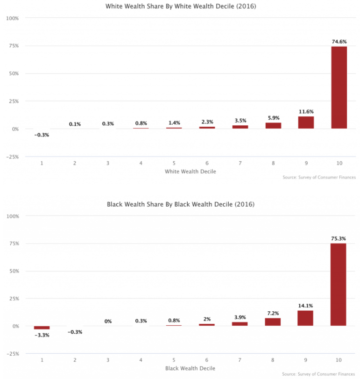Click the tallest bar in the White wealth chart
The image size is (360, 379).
coord(339,87)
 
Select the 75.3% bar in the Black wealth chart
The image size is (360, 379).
coord(339,285)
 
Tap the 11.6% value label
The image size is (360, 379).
coord(306,112)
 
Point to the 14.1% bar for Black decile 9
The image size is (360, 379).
coord(305,318)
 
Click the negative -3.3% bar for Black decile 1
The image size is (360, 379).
coord(42,328)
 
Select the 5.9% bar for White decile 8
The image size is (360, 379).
coord(273,126)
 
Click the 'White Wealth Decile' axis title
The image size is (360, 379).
coord(191,172)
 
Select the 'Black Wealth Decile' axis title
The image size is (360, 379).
coord(191,369)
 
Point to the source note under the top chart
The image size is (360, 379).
coord(319,178)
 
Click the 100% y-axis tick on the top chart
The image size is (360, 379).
coord(12,18)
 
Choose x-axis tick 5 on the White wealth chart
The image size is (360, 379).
coord(174,163)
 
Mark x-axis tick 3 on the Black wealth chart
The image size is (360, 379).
coord(108,360)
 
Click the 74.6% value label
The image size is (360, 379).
coord(339,41)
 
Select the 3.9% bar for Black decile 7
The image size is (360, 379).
coord(240,323)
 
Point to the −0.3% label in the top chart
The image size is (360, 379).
coord(42,135)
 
